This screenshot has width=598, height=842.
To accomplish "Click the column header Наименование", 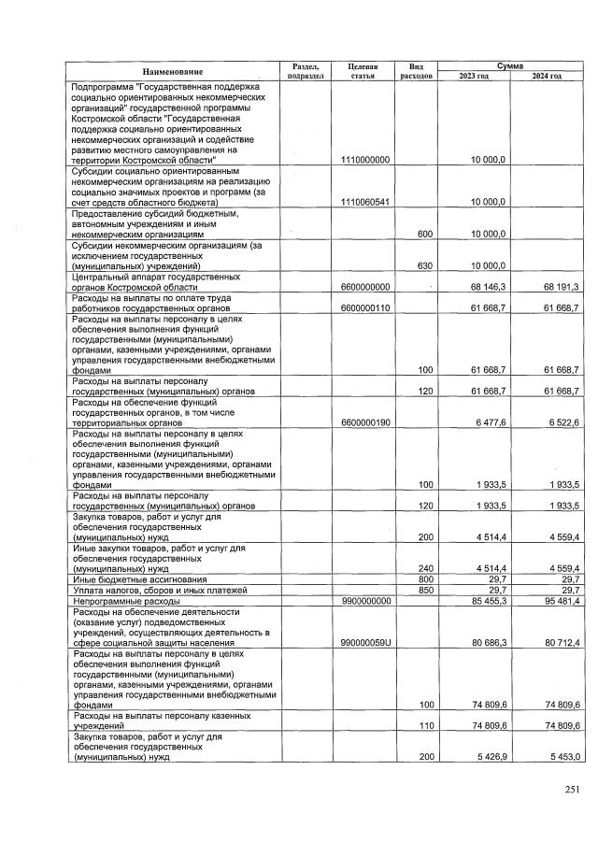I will pos(172,72).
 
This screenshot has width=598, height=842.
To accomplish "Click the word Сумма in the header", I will pos(509,66).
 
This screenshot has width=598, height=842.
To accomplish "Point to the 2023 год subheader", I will pos(474,77).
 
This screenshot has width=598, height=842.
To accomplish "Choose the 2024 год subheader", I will pos(546,77).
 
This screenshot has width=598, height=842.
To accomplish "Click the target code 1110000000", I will pos(365,161).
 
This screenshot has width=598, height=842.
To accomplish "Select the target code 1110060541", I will pos(365,202).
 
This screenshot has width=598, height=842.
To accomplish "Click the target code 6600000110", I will pos(365,307).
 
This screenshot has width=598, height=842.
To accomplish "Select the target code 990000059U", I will pos(365,643).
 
